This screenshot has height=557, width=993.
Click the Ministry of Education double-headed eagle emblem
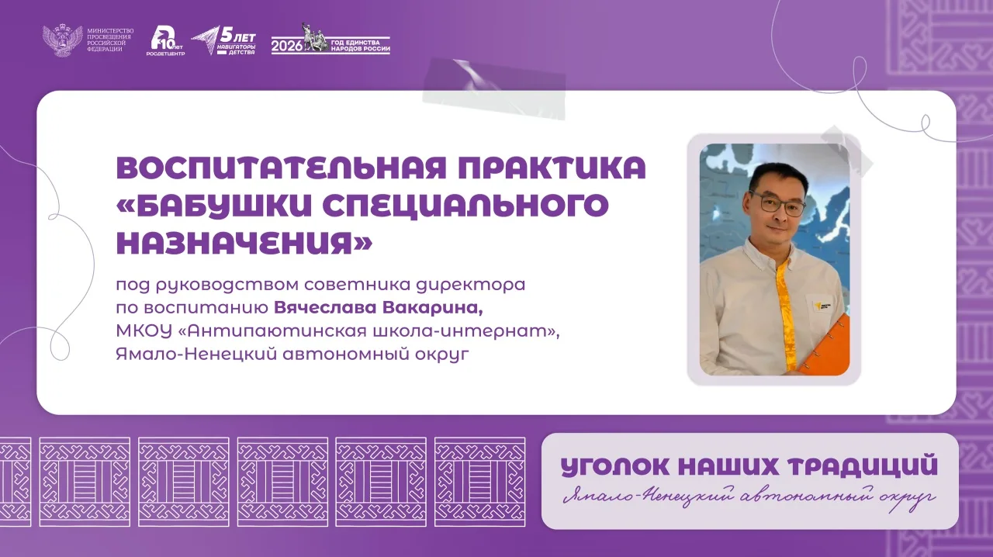point(63,41)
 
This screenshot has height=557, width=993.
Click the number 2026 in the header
point(287,46)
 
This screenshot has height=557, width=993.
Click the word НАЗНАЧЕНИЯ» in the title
point(244,243)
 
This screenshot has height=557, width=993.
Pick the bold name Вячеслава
point(325,307)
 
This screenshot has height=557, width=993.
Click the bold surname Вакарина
point(433,308)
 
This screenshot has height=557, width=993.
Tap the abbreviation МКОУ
point(144,330)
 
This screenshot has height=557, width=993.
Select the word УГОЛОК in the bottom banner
point(616,466)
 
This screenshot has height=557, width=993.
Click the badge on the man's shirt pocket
point(824,306)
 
